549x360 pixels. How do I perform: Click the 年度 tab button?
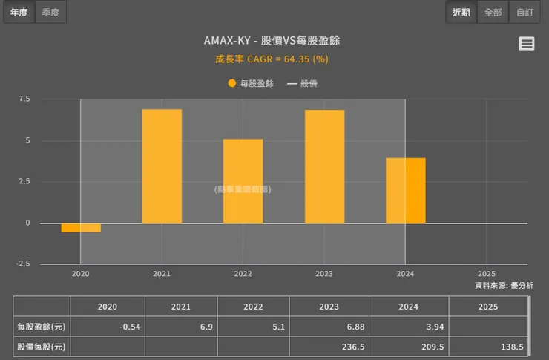(x=19, y=12)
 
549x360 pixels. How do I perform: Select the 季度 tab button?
(x=50, y=12)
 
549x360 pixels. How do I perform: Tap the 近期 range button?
(x=461, y=12)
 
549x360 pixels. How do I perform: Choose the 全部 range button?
(x=493, y=12)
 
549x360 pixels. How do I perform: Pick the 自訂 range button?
(x=525, y=12)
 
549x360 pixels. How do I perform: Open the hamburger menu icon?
(x=527, y=44)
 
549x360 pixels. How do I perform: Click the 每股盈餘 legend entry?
(x=252, y=83)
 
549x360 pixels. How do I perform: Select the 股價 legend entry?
(x=303, y=83)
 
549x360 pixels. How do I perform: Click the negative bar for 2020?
(x=81, y=227)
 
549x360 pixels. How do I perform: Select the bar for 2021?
(x=162, y=166)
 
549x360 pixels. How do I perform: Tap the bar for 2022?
(x=243, y=181)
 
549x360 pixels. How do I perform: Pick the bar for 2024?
(x=406, y=190)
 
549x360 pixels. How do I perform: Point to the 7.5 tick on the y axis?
(x=24, y=99)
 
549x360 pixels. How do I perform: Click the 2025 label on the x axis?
(x=487, y=274)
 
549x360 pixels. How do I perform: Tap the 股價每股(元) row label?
(x=42, y=347)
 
